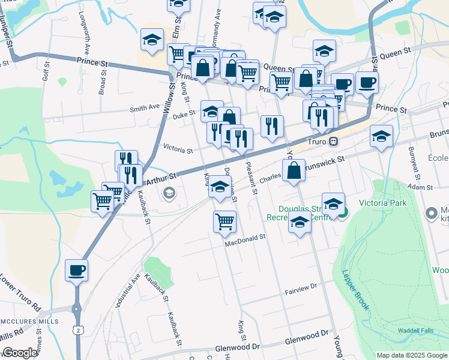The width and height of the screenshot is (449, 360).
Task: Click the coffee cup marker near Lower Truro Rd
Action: click(76, 271)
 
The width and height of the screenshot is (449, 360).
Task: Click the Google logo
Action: click(20, 353)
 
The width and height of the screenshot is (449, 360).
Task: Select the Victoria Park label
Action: click(382, 203)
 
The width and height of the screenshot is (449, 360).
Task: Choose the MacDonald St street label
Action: click(245, 238)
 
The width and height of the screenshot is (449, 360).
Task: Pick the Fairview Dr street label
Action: click(300, 289)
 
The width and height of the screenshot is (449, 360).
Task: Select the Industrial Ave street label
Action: click(129, 290)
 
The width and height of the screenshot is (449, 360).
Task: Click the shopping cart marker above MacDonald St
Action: click(224, 221)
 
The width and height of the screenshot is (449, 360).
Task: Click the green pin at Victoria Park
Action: click(343, 212)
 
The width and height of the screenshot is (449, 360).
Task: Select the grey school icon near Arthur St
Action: click(169, 193)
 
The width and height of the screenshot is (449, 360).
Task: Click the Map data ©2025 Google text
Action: click(412, 355)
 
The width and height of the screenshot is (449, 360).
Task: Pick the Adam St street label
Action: click(420, 188)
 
